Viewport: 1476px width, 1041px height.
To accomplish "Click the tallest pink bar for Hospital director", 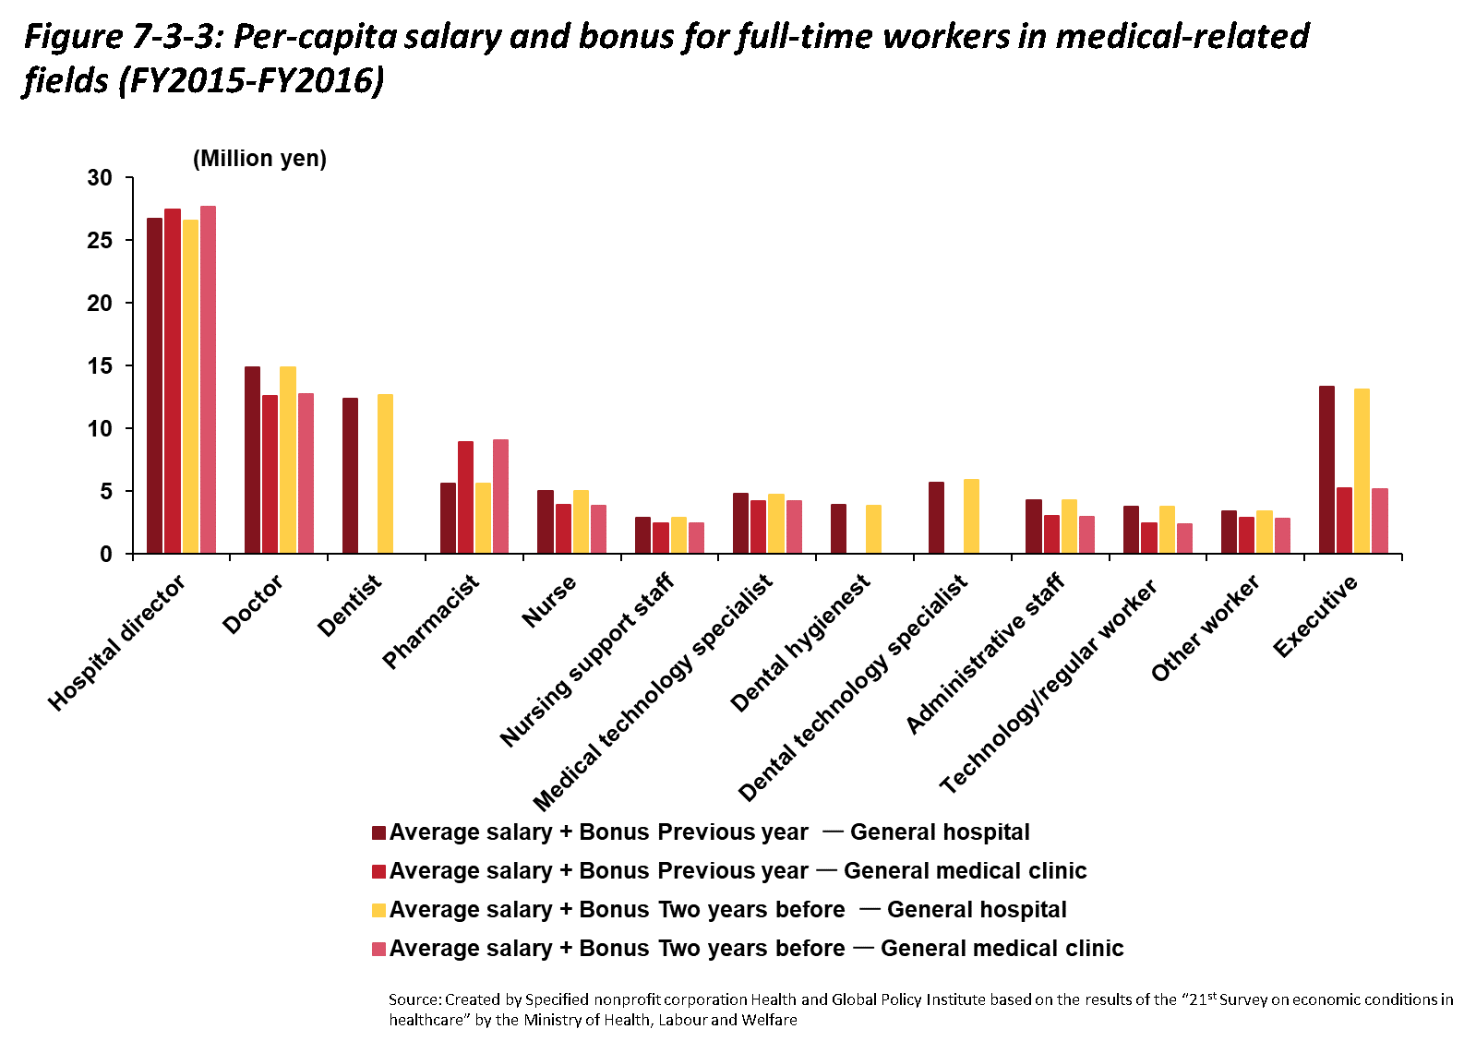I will tap(208, 379).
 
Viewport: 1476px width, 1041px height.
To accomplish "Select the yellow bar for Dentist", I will tap(385, 473).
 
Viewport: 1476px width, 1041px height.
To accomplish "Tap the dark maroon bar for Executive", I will tap(1326, 470).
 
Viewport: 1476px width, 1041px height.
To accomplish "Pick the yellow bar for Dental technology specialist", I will tap(971, 516).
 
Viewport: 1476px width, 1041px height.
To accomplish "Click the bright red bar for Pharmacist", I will tap(465, 497).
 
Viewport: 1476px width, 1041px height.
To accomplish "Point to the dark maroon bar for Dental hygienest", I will tap(838, 529).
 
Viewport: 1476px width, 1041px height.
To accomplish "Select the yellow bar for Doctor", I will tap(288, 460).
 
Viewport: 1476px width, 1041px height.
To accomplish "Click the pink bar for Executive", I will tap(1380, 520).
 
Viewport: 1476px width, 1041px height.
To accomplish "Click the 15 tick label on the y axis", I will tap(100, 365).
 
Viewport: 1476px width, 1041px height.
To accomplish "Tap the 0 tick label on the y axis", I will tap(105, 554).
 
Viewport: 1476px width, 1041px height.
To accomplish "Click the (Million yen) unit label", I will tap(259, 159).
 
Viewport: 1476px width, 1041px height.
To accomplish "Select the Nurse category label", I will tap(549, 601).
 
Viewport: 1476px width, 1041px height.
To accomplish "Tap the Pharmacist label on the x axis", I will tap(431, 621).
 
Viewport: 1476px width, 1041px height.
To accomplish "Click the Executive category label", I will tap(1315, 616).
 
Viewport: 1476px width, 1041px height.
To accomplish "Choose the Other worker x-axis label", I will tap(1205, 628).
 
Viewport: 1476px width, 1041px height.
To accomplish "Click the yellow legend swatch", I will tap(378, 910).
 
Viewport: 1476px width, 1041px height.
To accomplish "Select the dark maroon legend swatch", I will tap(378, 832).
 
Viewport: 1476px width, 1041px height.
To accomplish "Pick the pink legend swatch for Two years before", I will tap(378, 949).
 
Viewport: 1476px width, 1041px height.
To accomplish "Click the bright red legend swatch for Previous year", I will tap(378, 871).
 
